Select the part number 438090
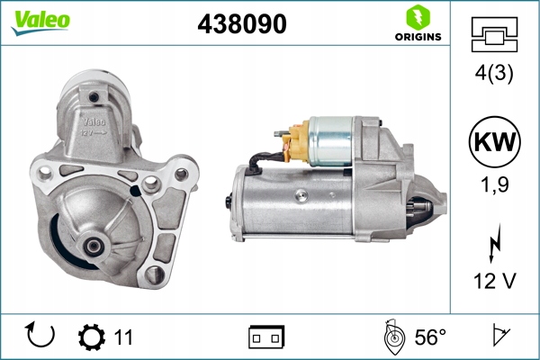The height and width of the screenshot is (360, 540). coord(241,26)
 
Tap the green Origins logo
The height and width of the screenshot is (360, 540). coord(417,24)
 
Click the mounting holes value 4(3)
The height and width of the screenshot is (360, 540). coord(494,74)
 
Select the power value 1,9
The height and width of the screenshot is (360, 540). coord(494,187)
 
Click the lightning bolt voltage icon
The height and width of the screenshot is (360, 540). coord(494,243)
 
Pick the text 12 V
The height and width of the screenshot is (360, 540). coord(494,282)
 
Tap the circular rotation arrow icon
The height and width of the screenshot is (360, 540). coord(40,336)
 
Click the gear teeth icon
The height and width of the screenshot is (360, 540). coord(91,337)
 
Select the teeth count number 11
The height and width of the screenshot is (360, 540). coord(122,337)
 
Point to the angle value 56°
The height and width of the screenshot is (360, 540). coord(429,337)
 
